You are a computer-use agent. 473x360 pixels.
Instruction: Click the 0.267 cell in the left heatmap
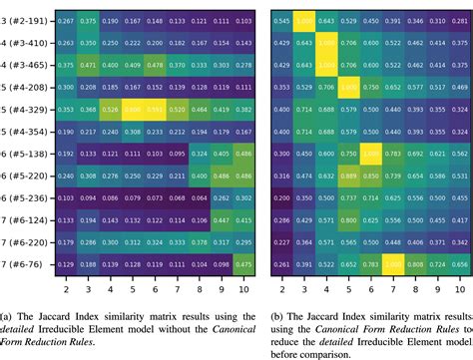[65, 20]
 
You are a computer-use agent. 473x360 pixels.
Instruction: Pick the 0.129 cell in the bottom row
[65, 263]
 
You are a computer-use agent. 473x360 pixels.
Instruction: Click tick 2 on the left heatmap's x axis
[65, 288]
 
